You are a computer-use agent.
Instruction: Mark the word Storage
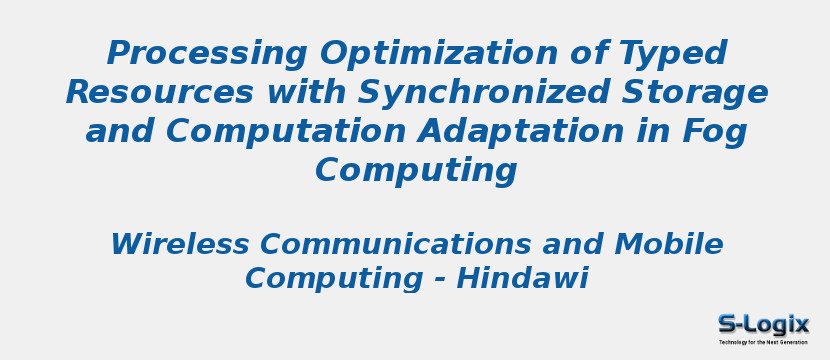pyautogui.click(x=701, y=93)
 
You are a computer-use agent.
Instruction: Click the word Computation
pyautogui.click(x=285, y=132)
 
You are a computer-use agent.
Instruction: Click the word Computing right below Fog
pyautogui.click(x=416, y=171)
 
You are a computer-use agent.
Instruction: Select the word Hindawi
pyautogui.click(x=522, y=278)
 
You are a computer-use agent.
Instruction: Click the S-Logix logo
pyautogui.click(x=763, y=324)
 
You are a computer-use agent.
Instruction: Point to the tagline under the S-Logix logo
pyautogui.click(x=763, y=342)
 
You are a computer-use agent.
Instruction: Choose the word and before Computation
pyautogui.click(x=120, y=132)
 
